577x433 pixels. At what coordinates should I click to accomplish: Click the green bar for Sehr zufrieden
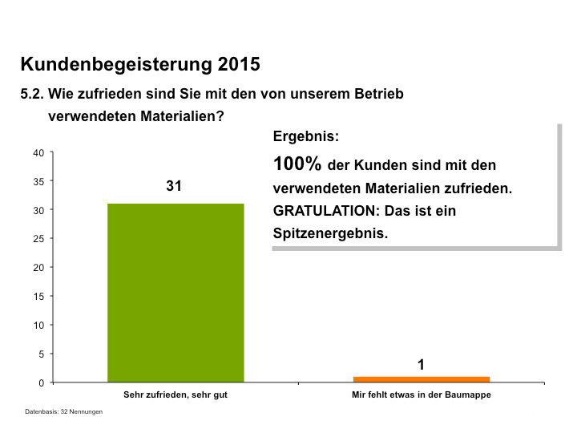[x=176, y=293]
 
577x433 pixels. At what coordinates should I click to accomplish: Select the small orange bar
[x=421, y=379]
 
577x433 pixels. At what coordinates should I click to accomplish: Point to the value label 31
[x=175, y=186]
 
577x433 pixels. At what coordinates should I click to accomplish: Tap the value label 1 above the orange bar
[x=421, y=365]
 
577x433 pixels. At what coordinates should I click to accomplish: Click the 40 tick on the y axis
[x=38, y=152]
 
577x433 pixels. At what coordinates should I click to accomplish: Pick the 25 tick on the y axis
[x=38, y=239]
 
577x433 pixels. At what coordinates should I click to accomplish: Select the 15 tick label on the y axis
[x=38, y=297]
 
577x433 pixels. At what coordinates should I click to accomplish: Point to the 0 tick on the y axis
[x=41, y=382]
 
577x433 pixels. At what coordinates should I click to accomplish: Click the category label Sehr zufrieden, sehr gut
[x=176, y=395]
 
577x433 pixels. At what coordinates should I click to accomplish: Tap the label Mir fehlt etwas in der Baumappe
[x=421, y=395]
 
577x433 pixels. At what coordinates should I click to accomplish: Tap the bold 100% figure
[x=297, y=164]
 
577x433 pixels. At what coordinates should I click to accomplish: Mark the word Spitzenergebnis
[x=330, y=234]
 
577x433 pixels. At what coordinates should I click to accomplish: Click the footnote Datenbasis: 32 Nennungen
[x=64, y=411]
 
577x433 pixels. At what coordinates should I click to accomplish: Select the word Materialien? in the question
[x=181, y=115]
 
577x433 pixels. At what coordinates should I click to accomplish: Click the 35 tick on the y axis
[x=38, y=181]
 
